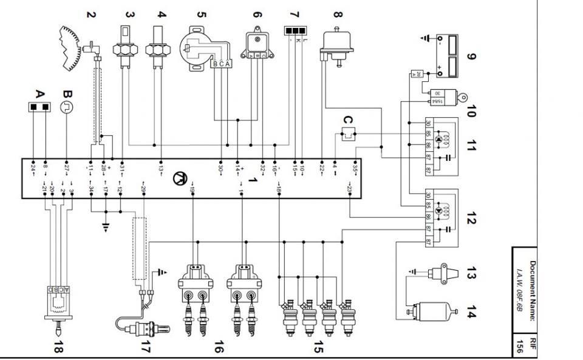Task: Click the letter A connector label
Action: [x=40, y=95]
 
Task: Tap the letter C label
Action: [x=347, y=120]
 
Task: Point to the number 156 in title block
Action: [x=520, y=347]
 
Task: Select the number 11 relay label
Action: [x=471, y=146]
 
